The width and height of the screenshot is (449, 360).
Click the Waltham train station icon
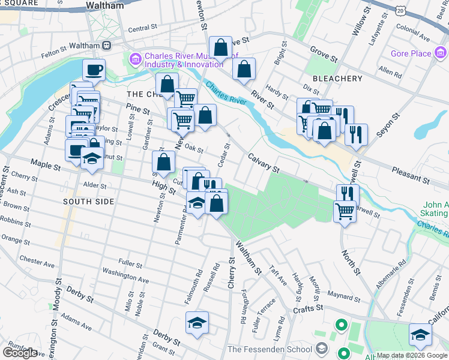click(106, 45)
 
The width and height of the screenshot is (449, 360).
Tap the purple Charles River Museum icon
click(133, 59)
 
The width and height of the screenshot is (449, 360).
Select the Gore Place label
click(412, 53)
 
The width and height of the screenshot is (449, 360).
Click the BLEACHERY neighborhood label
click(337, 79)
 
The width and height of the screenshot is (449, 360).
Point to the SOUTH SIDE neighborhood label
click(89, 202)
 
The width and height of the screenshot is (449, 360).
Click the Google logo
click(20, 353)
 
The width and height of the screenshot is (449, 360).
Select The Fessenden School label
click(270, 349)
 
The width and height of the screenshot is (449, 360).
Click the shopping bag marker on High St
click(163, 161)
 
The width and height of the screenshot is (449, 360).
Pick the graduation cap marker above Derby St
click(197, 323)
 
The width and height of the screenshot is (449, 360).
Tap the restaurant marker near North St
click(347, 194)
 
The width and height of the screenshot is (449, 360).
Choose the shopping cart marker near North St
click(345, 211)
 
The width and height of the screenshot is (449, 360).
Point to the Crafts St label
click(309, 307)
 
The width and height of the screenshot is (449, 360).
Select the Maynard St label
click(343, 295)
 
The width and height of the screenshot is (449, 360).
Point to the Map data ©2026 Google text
click(412, 355)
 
